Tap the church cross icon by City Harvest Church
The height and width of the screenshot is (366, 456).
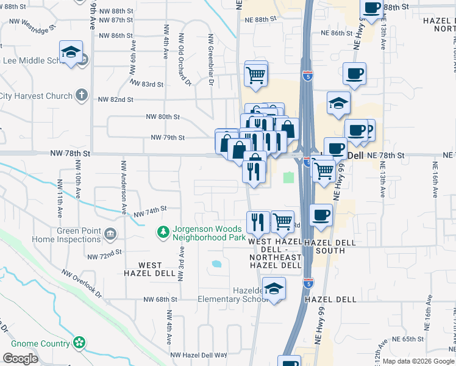pyautogui.click(x=82, y=96)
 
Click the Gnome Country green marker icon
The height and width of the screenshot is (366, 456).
pyautogui.click(x=79, y=343)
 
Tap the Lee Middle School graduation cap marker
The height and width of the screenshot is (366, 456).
pyautogui.click(x=71, y=52)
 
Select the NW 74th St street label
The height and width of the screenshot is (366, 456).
pyautogui.click(x=150, y=212)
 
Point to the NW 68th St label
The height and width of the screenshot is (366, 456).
pyautogui.click(x=160, y=300)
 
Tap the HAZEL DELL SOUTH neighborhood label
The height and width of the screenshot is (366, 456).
pyautogui.click(x=330, y=246)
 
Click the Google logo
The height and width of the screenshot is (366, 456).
pyautogui.click(x=21, y=359)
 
